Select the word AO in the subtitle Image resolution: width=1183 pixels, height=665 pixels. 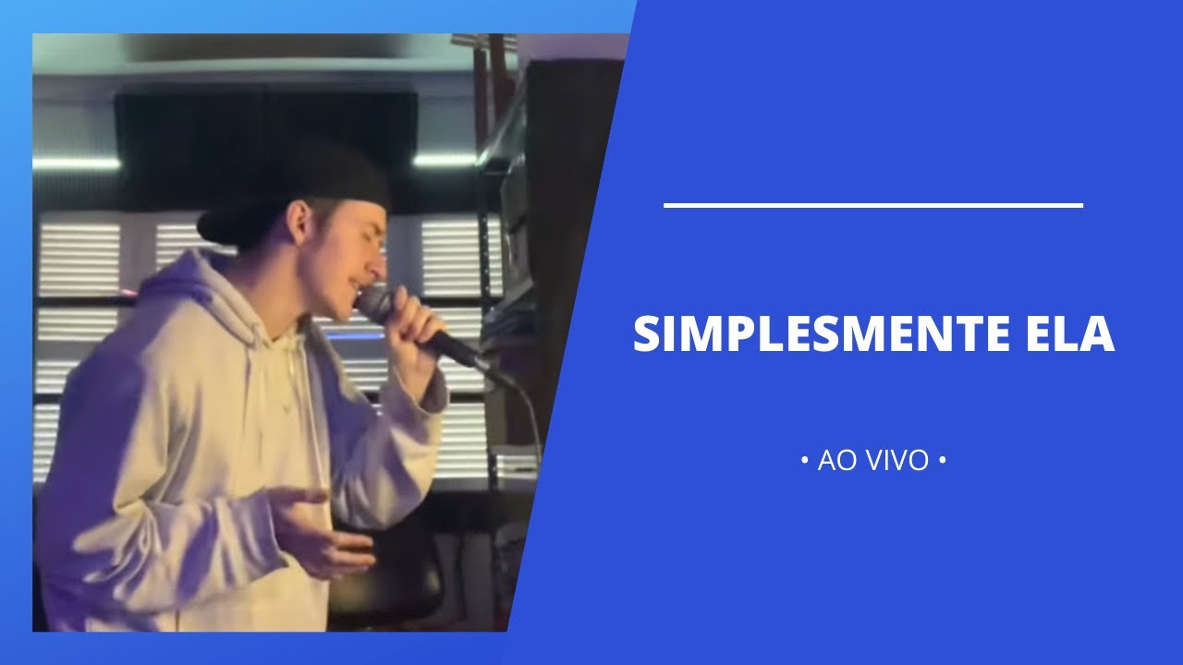836,460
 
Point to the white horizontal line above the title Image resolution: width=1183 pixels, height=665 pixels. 872,205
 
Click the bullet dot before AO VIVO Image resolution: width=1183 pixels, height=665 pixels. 804,459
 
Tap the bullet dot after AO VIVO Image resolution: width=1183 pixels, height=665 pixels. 941,459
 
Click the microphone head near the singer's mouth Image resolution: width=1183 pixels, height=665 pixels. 374,301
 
